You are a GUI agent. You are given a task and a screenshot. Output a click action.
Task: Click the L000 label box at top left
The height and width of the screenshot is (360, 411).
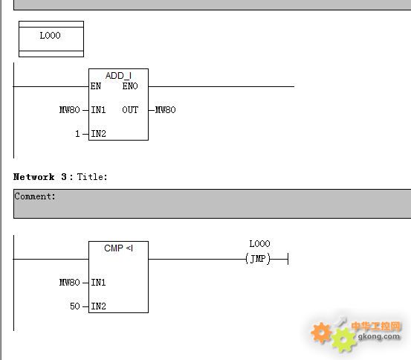51,39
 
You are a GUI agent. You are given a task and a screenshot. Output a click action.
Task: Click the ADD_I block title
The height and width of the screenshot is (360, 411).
118,76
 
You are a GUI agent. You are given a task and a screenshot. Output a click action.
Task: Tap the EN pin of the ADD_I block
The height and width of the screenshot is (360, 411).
96,86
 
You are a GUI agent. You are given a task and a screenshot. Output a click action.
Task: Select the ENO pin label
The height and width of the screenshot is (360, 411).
130,86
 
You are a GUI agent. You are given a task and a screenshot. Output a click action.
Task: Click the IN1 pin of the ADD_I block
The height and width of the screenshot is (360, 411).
98,109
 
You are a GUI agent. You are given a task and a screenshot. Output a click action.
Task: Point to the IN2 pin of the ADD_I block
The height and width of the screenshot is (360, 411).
98,134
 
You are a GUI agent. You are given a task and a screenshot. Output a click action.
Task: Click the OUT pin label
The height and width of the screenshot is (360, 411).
130,109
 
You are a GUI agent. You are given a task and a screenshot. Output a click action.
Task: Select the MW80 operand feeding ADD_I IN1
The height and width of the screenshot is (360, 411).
69,109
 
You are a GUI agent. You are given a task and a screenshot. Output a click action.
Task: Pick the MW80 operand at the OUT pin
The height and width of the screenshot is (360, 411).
166,109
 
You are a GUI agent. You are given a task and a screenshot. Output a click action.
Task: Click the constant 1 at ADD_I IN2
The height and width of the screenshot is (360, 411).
77,134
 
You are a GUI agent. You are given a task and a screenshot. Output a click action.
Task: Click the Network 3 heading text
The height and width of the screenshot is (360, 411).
40,177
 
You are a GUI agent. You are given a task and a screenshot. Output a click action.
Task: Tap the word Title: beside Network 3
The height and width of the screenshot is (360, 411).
92,177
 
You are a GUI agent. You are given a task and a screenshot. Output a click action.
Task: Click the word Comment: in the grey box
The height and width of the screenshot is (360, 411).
35,196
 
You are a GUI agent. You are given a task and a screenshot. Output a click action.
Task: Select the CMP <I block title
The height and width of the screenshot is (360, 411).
118,248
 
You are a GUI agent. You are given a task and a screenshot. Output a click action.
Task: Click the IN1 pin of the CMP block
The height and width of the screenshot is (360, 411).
98,283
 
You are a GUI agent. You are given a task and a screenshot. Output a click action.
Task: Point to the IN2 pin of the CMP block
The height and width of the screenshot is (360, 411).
98,306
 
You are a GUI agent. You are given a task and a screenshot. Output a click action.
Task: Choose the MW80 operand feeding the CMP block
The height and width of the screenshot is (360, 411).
69,283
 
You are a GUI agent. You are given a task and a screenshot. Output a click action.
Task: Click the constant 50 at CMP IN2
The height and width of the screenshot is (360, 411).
75,306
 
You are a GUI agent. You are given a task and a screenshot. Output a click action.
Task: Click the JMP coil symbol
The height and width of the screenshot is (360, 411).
258,259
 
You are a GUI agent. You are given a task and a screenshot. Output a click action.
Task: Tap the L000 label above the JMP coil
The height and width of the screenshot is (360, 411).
259,244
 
